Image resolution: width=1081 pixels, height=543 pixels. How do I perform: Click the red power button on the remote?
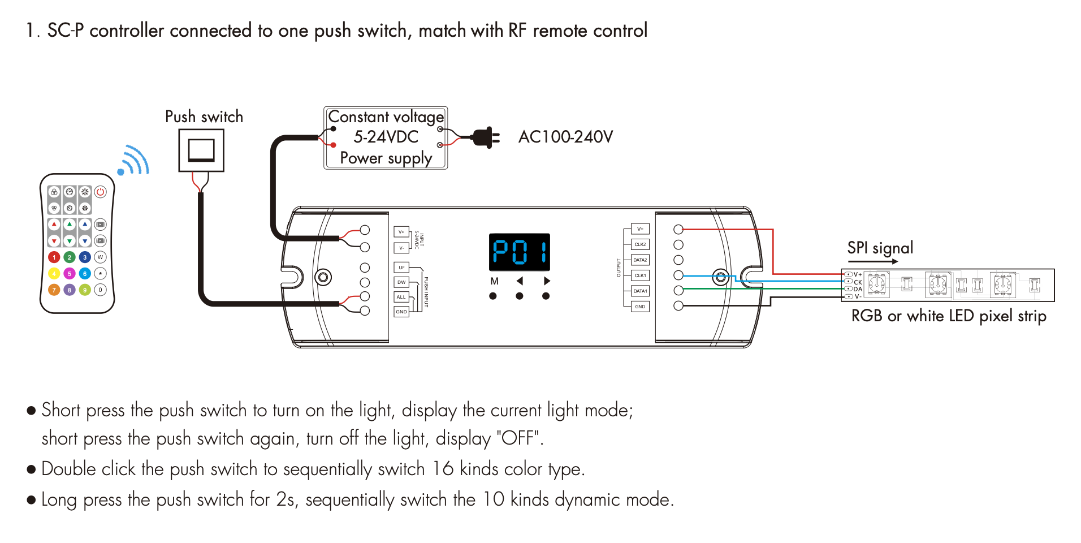(x=100, y=192)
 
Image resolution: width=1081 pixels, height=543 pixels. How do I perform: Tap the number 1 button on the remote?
(x=54, y=257)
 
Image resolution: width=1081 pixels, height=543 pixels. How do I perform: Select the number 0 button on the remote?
(x=100, y=290)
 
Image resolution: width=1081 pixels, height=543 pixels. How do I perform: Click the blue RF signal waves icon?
(x=133, y=161)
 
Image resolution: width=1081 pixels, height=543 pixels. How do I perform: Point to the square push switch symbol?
(x=201, y=150)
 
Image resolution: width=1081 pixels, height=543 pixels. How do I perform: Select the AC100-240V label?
(x=565, y=137)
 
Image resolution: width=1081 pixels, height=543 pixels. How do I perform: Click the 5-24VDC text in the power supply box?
(x=386, y=137)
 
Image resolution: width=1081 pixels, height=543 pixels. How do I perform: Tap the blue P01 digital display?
(x=519, y=252)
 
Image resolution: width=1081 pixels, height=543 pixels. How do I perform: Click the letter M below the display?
(x=494, y=281)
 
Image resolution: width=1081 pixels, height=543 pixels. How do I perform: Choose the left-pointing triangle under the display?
(x=520, y=281)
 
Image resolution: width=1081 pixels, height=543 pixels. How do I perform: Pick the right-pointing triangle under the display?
(x=546, y=281)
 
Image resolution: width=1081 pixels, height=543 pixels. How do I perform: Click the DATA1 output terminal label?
(x=640, y=291)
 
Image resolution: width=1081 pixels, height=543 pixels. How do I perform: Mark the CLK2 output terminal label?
(x=640, y=244)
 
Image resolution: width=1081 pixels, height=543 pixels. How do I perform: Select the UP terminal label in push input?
(x=401, y=268)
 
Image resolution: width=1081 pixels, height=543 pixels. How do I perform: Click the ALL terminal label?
(x=401, y=297)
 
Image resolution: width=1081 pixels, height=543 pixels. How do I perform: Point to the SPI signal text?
(x=880, y=248)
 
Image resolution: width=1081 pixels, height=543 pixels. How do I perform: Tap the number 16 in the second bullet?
(x=443, y=469)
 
